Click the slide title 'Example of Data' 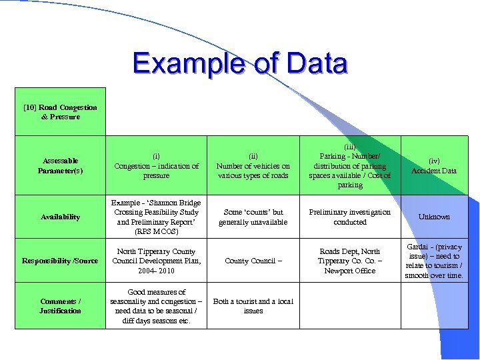240,64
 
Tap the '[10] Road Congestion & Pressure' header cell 60,112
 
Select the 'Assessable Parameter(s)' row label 60,165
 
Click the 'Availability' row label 60,217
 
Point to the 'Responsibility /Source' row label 60,261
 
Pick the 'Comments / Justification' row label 60,306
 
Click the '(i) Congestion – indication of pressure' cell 157,166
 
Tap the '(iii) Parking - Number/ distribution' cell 350,166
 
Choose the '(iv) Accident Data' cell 434,166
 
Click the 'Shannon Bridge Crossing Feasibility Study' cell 157,217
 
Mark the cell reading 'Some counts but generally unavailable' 253,217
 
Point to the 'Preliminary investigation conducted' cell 350,217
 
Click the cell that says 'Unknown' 434,217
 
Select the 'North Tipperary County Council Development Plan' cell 157,261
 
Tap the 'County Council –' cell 253,261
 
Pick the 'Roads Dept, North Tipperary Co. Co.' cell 350,261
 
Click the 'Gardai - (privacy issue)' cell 434,261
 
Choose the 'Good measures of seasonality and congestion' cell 157,306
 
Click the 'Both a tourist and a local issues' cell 253,306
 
